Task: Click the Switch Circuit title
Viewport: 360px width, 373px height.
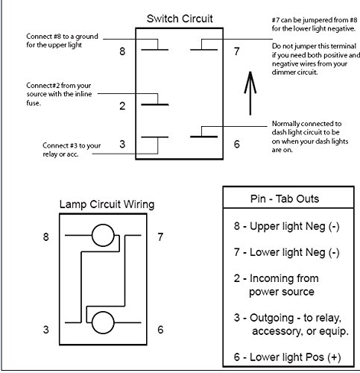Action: [x=180, y=19]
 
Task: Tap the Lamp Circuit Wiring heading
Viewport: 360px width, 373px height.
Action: [x=107, y=204]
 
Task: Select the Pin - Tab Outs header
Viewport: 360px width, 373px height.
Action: [x=285, y=199]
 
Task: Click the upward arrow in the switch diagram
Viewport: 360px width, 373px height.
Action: [x=250, y=93]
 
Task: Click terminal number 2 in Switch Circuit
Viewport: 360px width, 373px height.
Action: [x=122, y=106]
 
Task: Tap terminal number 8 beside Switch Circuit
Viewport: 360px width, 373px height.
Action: [x=122, y=51]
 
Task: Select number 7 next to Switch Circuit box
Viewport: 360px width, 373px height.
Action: [x=236, y=51]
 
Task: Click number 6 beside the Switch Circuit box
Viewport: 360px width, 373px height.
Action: [x=237, y=144]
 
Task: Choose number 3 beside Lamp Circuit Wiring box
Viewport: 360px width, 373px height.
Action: [x=46, y=330]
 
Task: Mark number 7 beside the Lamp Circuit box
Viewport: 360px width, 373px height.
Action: [x=160, y=237]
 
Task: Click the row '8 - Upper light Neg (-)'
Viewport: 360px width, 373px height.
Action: [x=286, y=227]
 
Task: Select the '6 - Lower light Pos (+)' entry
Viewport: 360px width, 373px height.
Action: [x=287, y=357]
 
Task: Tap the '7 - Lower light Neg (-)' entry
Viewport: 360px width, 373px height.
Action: [x=286, y=253]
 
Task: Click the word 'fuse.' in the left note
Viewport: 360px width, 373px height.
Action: [x=34, y=103]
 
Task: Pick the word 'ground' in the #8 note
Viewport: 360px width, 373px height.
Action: [x=86, y=37]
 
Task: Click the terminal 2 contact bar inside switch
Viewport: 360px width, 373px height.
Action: [x=155, y=104]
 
